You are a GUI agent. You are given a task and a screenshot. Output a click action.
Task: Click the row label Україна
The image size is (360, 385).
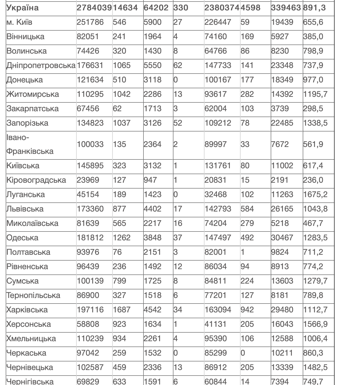tap(22, 8)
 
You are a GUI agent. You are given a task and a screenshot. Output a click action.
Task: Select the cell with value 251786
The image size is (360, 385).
tap(90, 22)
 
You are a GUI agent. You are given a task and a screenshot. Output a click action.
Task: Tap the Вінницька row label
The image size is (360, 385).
tap(25, 37)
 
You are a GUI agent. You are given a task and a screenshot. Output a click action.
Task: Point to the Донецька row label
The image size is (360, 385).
tap(25, 80)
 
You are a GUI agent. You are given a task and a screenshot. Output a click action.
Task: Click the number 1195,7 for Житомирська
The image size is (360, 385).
tap(315, 94)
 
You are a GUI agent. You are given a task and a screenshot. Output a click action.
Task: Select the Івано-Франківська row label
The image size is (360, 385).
tap(30, 144)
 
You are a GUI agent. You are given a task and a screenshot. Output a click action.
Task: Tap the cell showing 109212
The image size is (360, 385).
tap(218, 123)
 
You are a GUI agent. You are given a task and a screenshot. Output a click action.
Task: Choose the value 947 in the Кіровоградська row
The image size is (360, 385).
tap(150, 180)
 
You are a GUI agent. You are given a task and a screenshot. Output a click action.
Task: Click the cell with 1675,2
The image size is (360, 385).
tap(315, 195)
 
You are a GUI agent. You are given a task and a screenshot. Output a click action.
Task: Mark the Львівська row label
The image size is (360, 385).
tap(25, 209)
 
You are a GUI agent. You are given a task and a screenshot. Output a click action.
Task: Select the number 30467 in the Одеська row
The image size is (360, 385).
tap(282, 238)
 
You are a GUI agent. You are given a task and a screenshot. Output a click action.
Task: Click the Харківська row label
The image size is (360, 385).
tap(27, 310)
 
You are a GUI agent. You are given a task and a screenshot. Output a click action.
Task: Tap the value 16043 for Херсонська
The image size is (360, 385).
tap(282, 324)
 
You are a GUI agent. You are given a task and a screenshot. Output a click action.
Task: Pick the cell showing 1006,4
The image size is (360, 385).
tap(315, 339)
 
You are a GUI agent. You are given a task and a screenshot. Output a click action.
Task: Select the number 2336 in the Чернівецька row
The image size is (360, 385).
tap(152, 367)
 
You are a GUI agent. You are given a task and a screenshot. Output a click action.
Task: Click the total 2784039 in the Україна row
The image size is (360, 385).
tap(94, 8)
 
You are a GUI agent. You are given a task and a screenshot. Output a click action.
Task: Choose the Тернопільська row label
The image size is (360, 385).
tap(33, 295)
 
